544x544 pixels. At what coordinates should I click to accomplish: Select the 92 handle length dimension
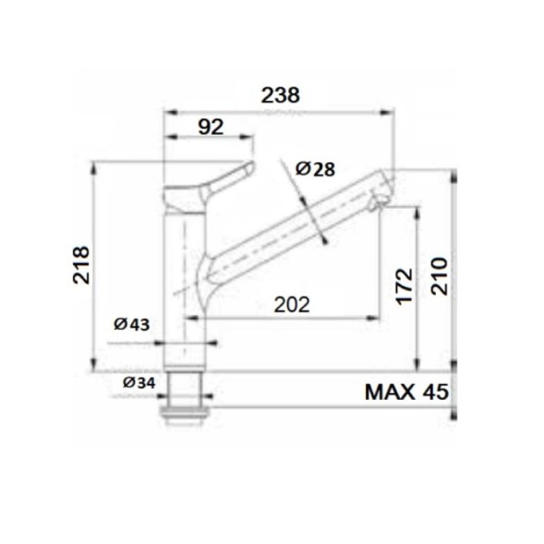tap(211, 127)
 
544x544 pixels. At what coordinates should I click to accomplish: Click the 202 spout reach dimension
tap(290, 304)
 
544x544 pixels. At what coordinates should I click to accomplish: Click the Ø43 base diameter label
tap(132, 324)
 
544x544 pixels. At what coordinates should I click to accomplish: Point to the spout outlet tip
tap(380, 202)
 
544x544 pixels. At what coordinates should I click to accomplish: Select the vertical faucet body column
tap(185, 277)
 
